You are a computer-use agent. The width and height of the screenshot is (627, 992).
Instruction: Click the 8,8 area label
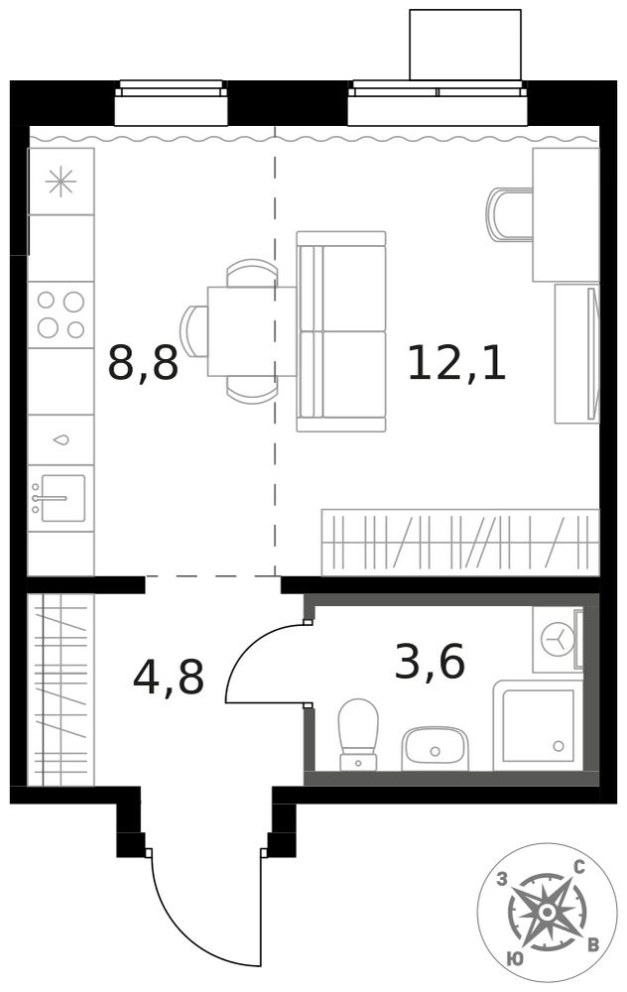click(x=143, y=362)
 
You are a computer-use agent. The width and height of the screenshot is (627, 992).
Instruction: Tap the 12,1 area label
click(x=456, y=362)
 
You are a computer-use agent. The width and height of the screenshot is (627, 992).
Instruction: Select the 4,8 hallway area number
click(x=169, y=676)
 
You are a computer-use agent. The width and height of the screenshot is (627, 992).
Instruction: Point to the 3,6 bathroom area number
click(x=430, y=661)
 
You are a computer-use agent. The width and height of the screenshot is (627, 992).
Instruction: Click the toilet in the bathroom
click(x=358, y=735)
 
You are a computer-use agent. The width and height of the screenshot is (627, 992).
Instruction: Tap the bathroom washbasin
click(x=435, y=748)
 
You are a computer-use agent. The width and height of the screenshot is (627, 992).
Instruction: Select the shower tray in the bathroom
click(x=538, y=726)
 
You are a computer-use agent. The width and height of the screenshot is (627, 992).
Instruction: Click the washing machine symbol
click(x=558, y=640)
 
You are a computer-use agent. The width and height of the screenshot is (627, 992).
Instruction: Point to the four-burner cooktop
click(x=61, y=314)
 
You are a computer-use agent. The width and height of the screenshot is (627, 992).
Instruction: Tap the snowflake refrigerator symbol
click(x=61, y=183)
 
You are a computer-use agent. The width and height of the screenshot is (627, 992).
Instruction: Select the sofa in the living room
click(x=341, y=331)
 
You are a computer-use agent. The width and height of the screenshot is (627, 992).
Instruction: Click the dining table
click(x=252, y=331)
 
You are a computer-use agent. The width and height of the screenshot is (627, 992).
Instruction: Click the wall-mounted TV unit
click(x=576, y=354)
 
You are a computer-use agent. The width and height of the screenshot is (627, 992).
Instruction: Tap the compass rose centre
click(x=546, y=913)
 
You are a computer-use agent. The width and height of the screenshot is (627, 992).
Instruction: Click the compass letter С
click(x=577, y=867)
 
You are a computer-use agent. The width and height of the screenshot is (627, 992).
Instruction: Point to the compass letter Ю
click(x=515, y=959)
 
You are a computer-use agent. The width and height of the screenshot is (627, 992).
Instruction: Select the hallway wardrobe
click(x=62, y=689)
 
